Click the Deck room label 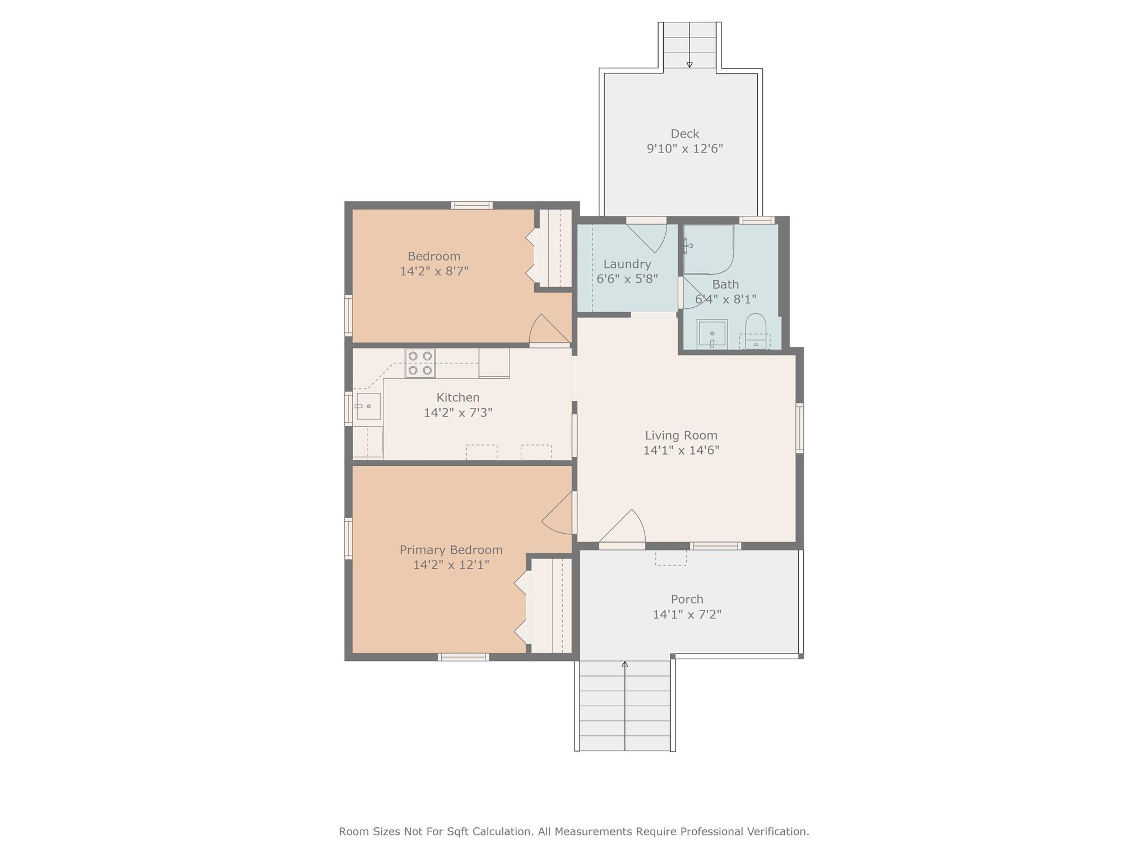coord(684,134)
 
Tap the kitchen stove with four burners coord(420,363)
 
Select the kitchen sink coord(368,406)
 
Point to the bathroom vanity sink coord(712,334)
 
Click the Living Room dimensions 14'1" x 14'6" coord(681,450)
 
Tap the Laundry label coord(627,264)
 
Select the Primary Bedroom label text coord(451,550)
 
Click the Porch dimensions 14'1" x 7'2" coord(687,614)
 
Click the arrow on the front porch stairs coord(624,665)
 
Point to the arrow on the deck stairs coord(689,64)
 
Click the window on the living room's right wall coord(800,428)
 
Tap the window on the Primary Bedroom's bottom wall coord(463,657)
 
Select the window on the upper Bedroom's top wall coord(472,205)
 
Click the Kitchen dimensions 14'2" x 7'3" coord(458,413)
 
